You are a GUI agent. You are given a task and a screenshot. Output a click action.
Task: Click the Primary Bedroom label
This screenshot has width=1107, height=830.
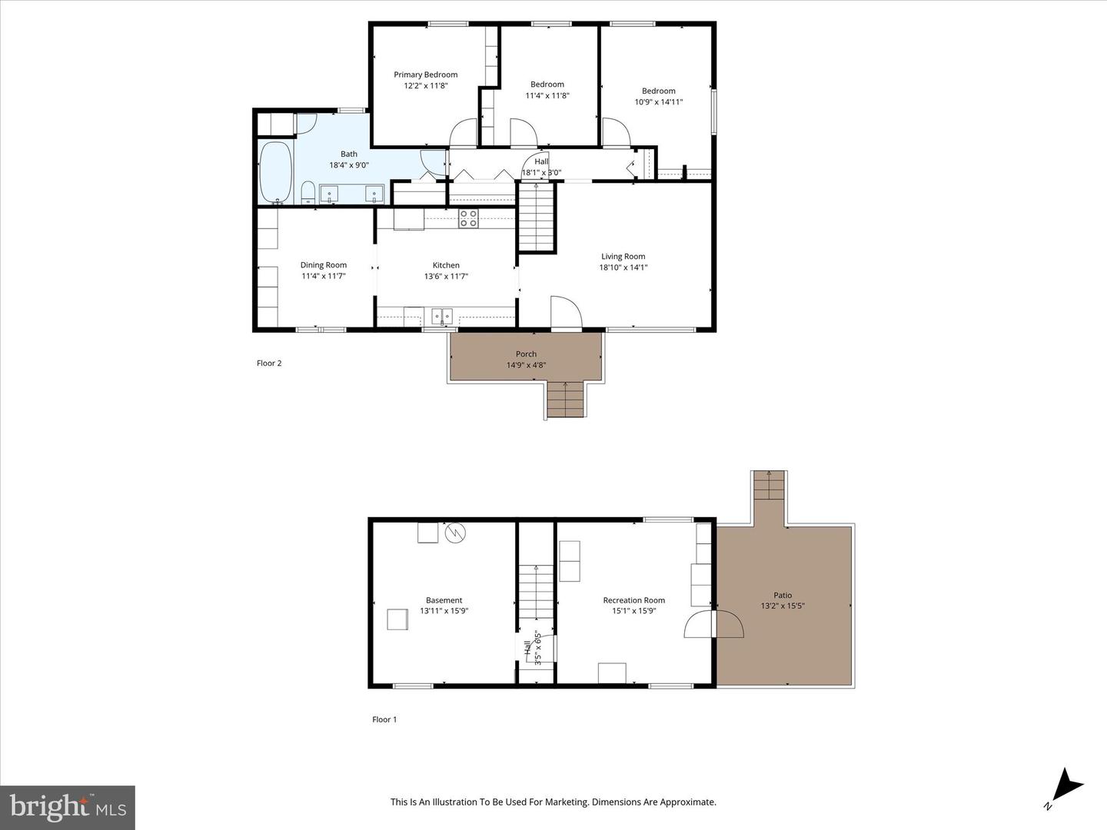tap(426, 75)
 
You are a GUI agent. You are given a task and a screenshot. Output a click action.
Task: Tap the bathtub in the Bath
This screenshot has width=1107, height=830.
tap(275, 172)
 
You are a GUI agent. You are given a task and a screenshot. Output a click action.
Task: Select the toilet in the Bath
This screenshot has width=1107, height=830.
tap(307, 193)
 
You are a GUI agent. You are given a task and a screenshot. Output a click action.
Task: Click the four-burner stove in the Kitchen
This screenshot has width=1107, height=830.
tap(468, 219)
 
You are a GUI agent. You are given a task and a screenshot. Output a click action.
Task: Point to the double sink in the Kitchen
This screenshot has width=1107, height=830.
tap(442, 317)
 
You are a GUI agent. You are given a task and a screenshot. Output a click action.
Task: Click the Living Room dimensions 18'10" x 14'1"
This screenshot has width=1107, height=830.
tap(623, 267)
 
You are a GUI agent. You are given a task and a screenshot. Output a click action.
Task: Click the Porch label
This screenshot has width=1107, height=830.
tap(526, 354)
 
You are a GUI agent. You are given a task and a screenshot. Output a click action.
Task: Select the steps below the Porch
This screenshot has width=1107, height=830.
tap(565, 399)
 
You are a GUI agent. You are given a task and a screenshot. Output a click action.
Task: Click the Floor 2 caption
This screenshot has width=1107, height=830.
tap(269, 363)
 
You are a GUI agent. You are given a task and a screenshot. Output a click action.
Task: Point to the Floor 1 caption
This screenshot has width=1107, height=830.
tap(384, 719)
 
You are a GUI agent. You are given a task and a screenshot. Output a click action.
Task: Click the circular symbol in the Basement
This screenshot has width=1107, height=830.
tap(455, 532)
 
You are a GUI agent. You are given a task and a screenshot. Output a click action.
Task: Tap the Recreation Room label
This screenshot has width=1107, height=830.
tap(634, 600)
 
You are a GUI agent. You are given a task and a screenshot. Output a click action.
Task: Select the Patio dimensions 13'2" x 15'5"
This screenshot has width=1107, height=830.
tap(783, 606)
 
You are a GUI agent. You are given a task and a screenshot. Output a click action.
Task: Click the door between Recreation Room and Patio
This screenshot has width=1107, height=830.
tap(713, 624)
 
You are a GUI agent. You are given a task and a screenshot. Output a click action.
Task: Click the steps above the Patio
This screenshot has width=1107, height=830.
tap(769, 485)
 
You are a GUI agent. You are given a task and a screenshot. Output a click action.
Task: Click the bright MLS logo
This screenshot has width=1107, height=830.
tap(68, 807)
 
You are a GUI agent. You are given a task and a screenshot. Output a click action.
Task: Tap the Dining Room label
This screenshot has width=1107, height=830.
tap(324, 264)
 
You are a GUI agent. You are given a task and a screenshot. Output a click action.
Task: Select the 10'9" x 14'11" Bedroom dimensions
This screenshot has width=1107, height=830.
tap(659, 101)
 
